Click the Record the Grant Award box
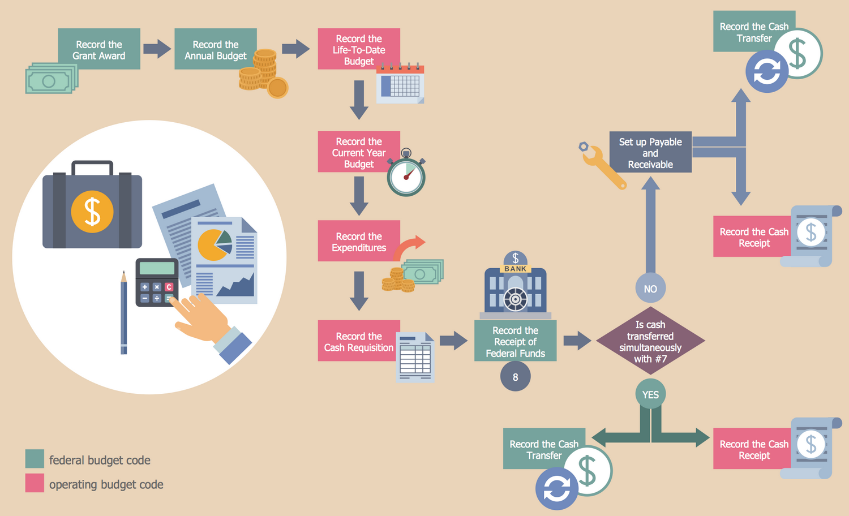click(x=99, y=49)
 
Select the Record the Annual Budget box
click(x=215, y=49)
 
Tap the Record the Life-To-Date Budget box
click(x=359, y=49)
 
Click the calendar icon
click(x=401, y=84)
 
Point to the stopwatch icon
click(x=406, y=174)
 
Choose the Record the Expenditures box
click(x=359, y=241)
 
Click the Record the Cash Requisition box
click(x=359, y=341)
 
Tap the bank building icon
click(x=516, y=286)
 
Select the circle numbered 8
click(x=515, y=377)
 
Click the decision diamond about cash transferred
click(x=650, y=341)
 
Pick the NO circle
click(x=650, y=289)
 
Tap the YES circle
click(x=650, y=394)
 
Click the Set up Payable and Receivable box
click(x=650, y=152)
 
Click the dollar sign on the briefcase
click(x=92, y=212)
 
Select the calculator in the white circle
click(x=157, y=282)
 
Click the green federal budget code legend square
click(x=35, y=459)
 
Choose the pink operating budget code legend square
click(x=35, y=483)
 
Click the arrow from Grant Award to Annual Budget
click(x=157, y=49)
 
